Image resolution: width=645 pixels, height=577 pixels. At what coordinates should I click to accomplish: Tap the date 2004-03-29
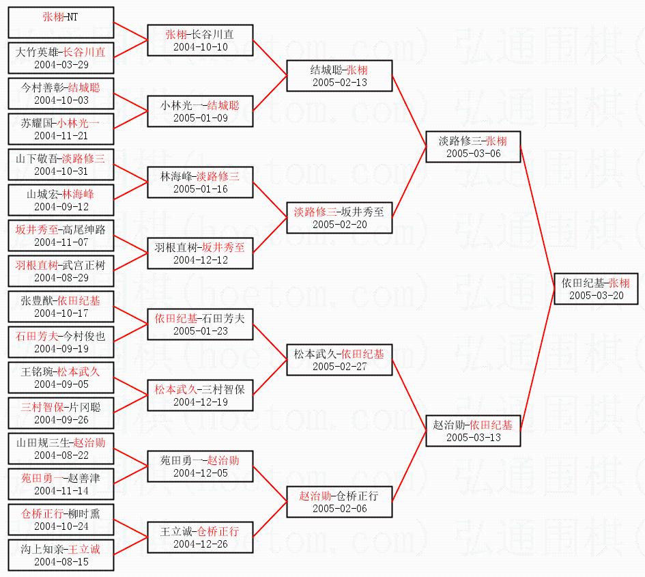[x=61, y=65]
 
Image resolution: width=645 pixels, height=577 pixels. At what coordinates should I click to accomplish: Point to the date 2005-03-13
[x=474, y=438]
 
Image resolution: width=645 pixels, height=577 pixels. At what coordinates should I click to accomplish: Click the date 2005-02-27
[x=340, y=366]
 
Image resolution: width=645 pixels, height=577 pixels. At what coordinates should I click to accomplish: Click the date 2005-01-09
[x=201, y=118]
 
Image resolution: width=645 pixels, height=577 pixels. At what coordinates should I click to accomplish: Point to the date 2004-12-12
[x=201, y=260]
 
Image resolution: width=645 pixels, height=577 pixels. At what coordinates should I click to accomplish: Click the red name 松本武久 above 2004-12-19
[x=175, y=389]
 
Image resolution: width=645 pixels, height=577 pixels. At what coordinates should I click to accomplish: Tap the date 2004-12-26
[x=201, y=544]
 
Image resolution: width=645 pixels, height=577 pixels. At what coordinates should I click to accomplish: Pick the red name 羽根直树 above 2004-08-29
[x=37, y=265]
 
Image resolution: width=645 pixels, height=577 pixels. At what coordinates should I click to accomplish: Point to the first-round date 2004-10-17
[x=61, y=313]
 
